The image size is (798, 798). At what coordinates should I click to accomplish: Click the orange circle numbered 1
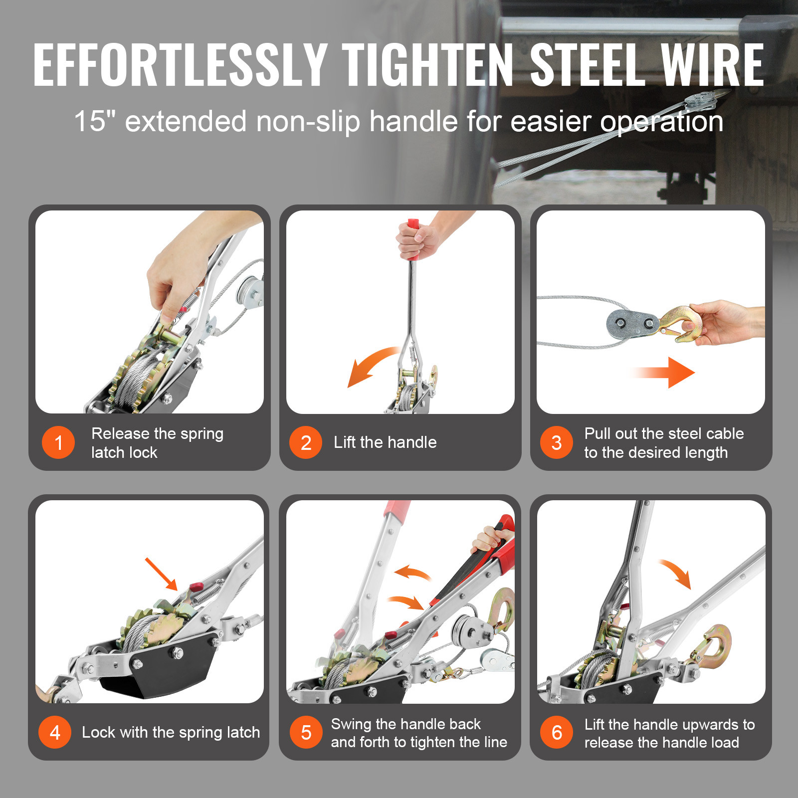coord(58,442)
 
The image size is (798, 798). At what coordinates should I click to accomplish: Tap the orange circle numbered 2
coord(306,442)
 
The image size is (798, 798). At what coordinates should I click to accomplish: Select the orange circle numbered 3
coord(557,442)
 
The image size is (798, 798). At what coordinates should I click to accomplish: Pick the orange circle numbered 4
coord(55,732)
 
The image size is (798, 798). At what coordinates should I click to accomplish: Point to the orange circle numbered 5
coord(306,732)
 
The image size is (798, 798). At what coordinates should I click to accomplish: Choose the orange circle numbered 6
coord(557,732)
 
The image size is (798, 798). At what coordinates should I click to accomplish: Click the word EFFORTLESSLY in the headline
coord(180,65)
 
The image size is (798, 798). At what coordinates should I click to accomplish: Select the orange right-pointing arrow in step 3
coord(663,373)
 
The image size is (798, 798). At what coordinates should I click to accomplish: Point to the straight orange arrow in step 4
coord(161,574)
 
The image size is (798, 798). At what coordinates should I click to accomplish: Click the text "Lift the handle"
coord(385,442)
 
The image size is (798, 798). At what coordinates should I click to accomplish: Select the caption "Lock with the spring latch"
coord(171,732)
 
